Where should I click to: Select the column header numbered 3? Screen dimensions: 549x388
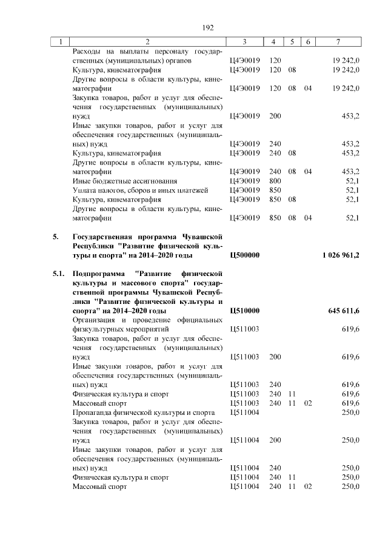[244, 42]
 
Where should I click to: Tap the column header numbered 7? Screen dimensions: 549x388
[338, 42]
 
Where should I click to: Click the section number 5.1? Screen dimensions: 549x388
[58, 274]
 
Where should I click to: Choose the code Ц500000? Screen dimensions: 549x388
[244, 255]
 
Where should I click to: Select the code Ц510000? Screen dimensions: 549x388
[244, 311]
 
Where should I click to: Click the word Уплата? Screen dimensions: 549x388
[84, 190]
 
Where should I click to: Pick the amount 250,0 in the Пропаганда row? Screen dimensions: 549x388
[351, 412]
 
